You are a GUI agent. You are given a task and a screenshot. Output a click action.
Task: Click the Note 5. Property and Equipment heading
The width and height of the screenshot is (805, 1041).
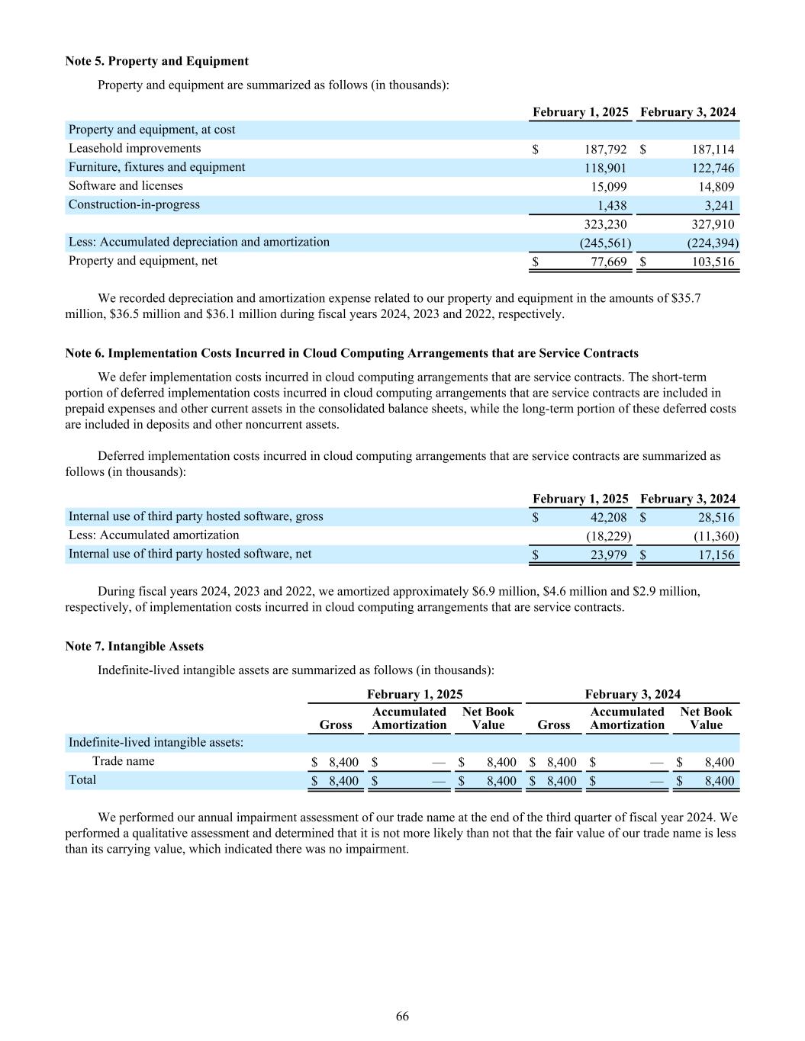click(156, 61)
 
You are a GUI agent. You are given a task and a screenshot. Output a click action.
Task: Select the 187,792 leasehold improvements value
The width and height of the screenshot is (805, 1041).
click(604, 149)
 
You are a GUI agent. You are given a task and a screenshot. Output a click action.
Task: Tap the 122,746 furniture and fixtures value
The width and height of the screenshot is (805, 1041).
click(712, 169)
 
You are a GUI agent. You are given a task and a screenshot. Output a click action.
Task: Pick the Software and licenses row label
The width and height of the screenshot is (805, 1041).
click(126, 186)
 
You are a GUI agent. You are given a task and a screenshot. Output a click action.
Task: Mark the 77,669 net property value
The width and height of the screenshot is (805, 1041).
click(609, 262)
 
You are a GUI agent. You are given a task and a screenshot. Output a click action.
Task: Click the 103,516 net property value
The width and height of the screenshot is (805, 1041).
click(712, 262)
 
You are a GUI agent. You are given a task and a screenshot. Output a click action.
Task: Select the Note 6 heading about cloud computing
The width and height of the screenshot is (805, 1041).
click(352, 353)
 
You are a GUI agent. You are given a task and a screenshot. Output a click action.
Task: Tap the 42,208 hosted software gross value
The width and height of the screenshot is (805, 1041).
click(608, 518)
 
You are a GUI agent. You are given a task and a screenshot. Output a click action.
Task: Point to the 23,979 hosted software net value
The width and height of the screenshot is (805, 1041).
click(608, 555)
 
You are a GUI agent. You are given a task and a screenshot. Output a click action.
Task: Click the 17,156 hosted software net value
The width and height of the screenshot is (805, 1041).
click(716, 555)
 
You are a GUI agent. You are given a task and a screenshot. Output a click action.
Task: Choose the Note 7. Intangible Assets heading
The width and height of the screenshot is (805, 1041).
click(134, 646)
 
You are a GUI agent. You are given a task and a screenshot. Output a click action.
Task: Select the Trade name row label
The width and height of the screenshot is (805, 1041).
click(123, 761)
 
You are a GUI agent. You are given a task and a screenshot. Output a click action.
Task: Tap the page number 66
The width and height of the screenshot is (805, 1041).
click(402, 1017)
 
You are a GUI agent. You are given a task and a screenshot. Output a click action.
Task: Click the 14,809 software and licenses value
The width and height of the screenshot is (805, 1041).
click(716, 187)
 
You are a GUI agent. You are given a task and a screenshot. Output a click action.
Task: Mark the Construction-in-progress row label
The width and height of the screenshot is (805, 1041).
click(134, 204)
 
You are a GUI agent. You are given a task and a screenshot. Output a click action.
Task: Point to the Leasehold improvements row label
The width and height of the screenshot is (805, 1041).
click(134, 149)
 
